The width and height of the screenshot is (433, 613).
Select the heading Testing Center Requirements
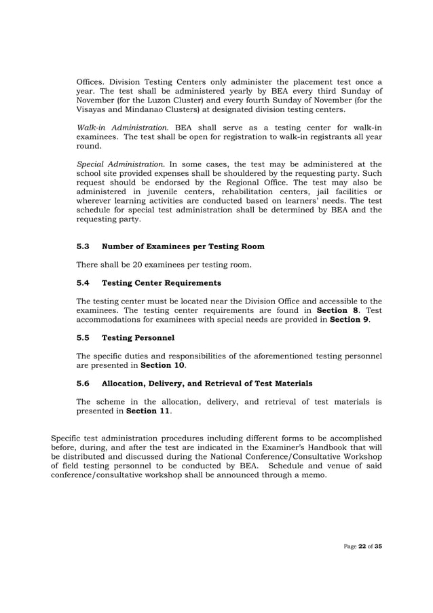pos(161,282)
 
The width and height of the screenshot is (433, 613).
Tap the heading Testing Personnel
pos(138,337)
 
